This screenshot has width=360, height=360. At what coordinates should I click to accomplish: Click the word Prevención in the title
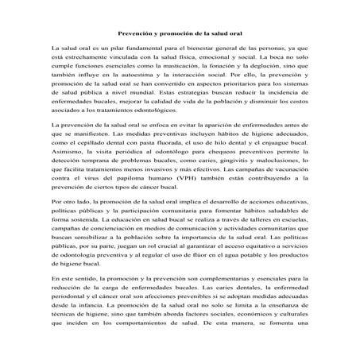(x=134, y=33)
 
